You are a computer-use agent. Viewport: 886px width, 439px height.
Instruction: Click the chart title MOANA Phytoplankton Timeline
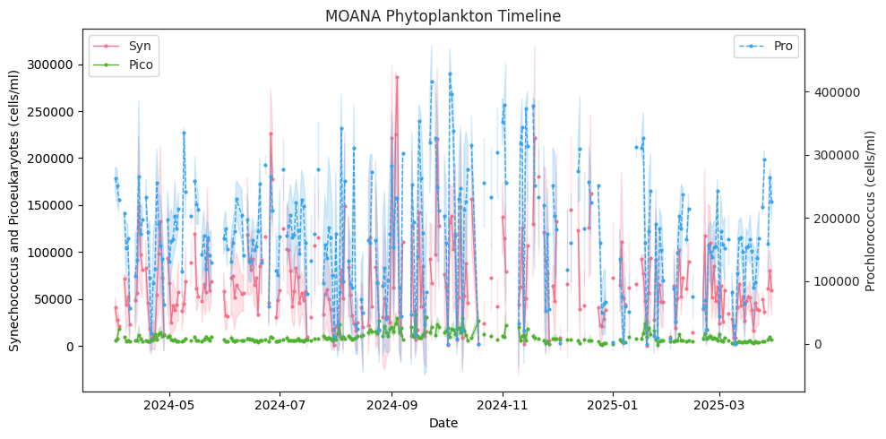coord(443,16)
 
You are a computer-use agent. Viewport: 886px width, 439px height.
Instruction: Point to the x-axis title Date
coord(443,423)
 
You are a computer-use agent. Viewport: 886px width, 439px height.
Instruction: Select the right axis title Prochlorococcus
coord(871,210)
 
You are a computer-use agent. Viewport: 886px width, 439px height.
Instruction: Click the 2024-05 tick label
coord(169,406)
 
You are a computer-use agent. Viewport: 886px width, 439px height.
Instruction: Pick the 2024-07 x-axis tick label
coord(280,406)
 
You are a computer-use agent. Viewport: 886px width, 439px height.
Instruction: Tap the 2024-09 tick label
coord(391,406)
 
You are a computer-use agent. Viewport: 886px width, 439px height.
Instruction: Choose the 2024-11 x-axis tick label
coord(503,406)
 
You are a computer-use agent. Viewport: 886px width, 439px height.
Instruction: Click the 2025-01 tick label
coord(613,406)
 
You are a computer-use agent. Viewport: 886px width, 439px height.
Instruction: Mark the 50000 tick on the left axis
coord(56,299)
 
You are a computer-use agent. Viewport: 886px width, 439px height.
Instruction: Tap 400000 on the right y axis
coord(836,91)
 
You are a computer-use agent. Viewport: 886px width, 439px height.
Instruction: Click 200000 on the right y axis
coord(836,218)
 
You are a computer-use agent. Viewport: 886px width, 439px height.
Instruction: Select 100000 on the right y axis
coord(836,281)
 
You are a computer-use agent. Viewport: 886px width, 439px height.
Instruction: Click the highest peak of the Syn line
coord(396,76)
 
